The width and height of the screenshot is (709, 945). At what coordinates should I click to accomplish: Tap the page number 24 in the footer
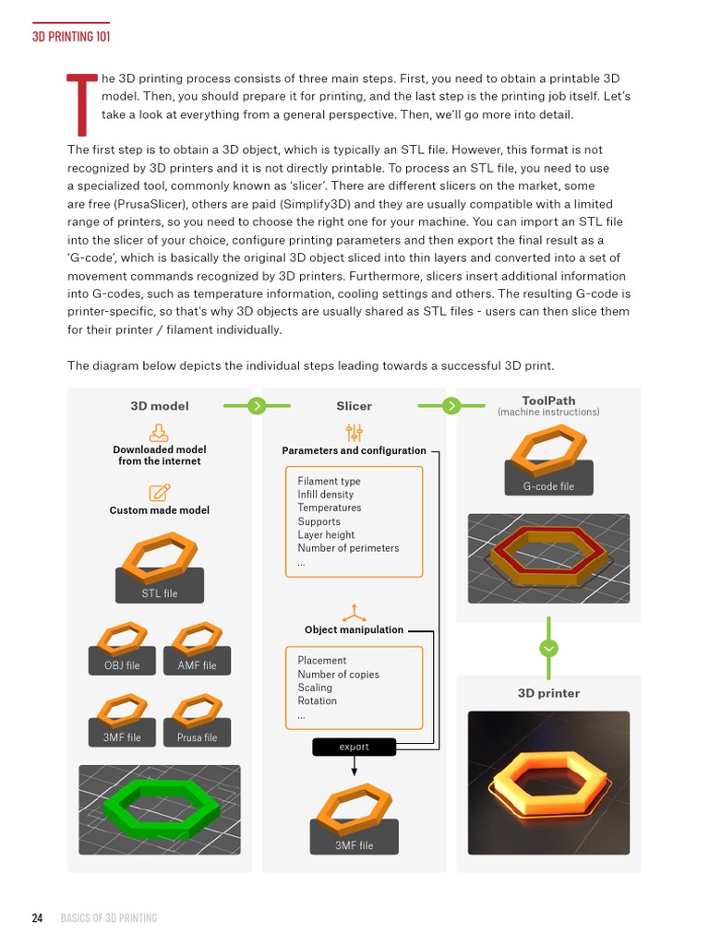pos(37,917)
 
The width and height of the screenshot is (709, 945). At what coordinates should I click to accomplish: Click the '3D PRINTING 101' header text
pos(72,37)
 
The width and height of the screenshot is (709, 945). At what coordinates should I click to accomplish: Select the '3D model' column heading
pos(160,405)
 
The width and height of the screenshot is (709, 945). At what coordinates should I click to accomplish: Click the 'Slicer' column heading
pos(354,405)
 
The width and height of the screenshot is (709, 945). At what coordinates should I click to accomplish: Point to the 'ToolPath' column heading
pos(548,401)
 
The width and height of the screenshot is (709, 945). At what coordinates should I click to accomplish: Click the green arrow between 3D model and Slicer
pos(257,405)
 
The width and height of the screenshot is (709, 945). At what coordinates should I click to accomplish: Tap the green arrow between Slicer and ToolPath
pos(451,405)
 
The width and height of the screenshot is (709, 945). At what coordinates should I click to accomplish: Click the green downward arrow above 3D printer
pos(549,649)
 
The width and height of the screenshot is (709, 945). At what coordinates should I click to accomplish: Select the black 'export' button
pos(354,747)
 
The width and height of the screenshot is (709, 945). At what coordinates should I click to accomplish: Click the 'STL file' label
pos(159,593)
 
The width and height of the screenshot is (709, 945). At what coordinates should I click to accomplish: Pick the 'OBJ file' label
pos(121,665)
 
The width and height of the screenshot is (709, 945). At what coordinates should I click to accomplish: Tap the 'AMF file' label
pos(197,665)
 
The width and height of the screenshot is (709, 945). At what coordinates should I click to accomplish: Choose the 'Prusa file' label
pos(197,737)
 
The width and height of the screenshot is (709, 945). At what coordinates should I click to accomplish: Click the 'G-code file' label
pos(548,486)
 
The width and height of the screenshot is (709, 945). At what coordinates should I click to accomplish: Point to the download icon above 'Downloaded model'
pos(159,432)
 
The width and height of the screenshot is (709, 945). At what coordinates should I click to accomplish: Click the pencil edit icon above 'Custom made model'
pos(159,492)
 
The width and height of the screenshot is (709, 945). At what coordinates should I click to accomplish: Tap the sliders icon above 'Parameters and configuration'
pos(354,432)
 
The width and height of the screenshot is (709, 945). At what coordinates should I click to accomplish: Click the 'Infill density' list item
pos(326,495)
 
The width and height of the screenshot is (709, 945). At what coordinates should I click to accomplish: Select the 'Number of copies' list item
pos(339,674)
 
